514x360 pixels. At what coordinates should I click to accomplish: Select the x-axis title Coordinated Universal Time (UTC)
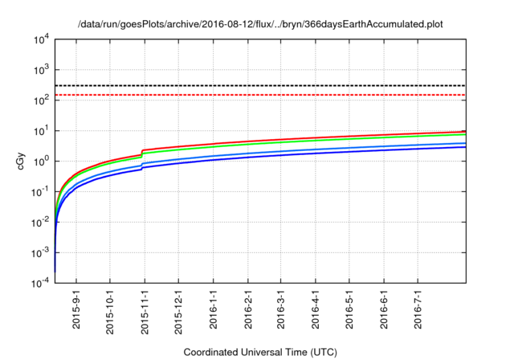[x=259, y=352]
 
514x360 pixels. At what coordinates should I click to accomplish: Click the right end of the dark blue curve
[x=464, y=147]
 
